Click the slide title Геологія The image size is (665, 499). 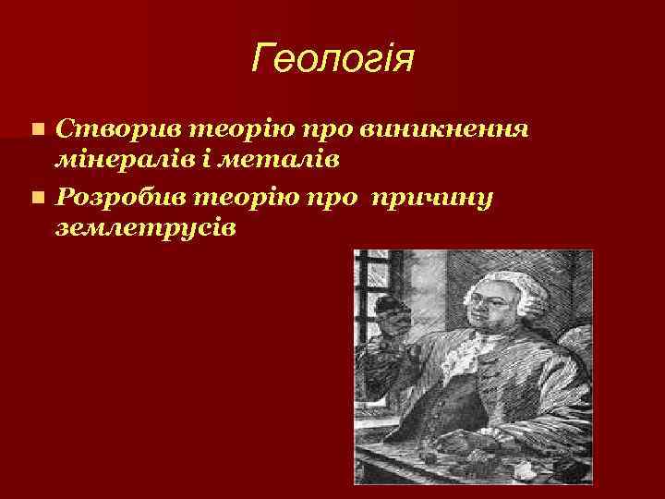[x=332, y=61]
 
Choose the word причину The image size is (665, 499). [x=445, y=197]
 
